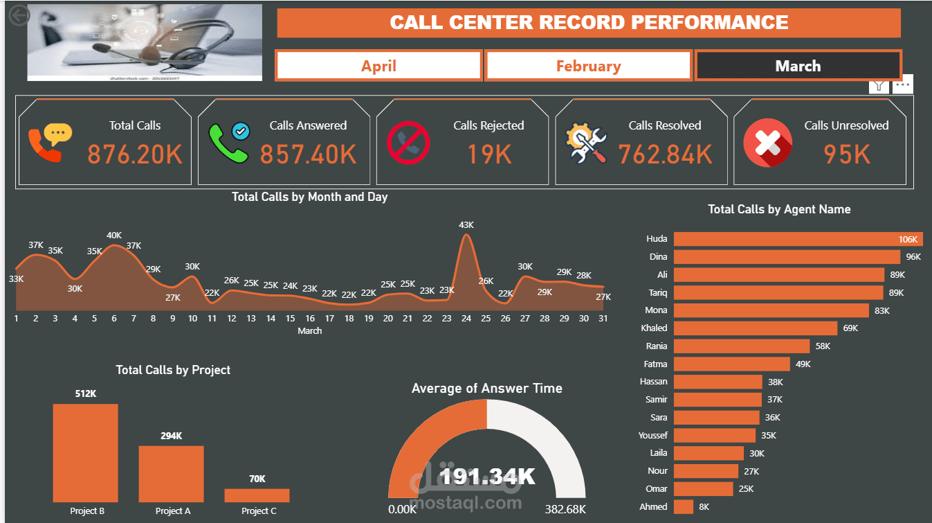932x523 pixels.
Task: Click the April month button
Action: click(x=378, y=66)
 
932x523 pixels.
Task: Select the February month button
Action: click(x=588, y=66)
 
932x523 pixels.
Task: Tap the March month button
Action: click(x=798, y=66)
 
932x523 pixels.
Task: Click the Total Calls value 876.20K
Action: click(x=135, y=154)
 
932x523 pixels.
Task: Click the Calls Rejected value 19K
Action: click(x=489, y=154)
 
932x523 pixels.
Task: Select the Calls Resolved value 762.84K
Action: click(x=665, y=154)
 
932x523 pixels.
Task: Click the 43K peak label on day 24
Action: click(x=466, y=225)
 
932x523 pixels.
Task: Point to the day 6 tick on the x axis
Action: click(x=114, y=319)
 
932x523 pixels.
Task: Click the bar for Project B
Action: click(x=85, y=452)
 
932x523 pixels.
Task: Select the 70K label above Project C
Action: click(x=257, y=479)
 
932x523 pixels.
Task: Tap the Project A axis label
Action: click(x=173, y=511)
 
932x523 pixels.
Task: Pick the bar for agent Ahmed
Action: click(x=684, y=506)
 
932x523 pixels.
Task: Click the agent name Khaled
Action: click(x=654, y=328)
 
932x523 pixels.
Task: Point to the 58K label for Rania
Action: click(x=823, y=346)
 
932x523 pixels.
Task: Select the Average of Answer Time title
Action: click(x=486, y=389)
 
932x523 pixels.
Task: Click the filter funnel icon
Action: click(x=879, y=85)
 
